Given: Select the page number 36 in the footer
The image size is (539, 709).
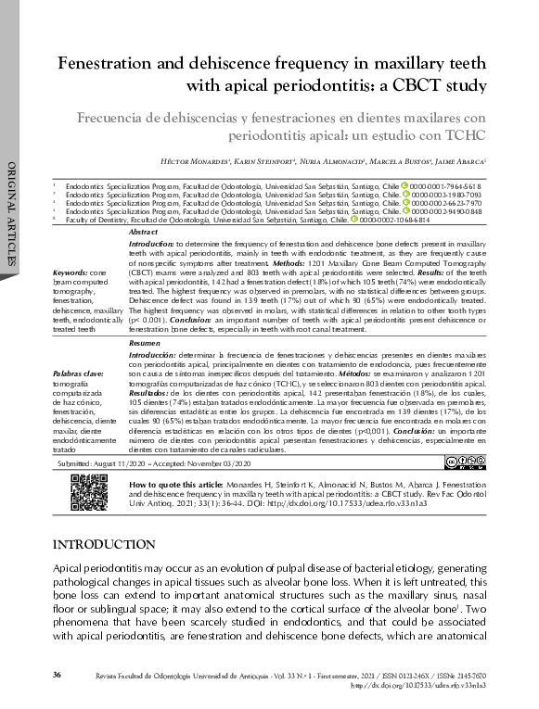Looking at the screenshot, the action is point(57,673).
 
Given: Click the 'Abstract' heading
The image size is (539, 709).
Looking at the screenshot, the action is point(144,232).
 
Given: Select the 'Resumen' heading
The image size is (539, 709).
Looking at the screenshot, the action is point(146,343).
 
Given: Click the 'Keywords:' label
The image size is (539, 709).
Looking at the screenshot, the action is point(72,272).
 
